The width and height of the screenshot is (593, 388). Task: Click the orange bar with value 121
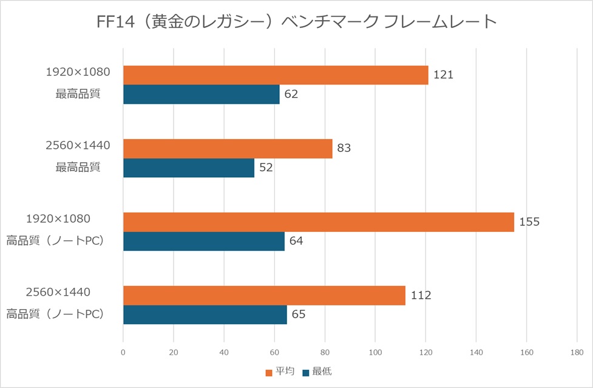pyautogui.click(x=276, y=75)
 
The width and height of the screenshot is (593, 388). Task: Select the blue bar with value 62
pyautogui.click(x=202, y=94)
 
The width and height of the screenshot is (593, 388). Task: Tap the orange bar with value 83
pyautogui.click(x=228, y=148)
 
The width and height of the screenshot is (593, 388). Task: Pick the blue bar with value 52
pyautogui.click(x=189, y=168)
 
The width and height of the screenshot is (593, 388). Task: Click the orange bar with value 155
pyautogui.click(x=319, y=222)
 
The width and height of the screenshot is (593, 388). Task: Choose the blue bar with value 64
pyautogui.click(x=204, y=241)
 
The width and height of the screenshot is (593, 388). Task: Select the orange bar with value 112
pyautogui.click(x=264, y=295)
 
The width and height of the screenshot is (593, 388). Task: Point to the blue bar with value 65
pyautogui.click(x=205, y=315)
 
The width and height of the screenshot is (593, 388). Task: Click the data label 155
pyautogui.click(x=529, y=222)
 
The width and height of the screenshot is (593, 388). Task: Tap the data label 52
pyautogui.click(x=266, y=168)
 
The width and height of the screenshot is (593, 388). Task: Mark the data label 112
pyautogui.click(x=421, y=295)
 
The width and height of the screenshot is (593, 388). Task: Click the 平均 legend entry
pyautogui.click(x=280, y=371)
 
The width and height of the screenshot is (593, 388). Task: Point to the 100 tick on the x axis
pyautogui.click(x=375, y=352)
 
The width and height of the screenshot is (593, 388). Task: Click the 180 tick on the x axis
pyautogui.click(x=577, y=352)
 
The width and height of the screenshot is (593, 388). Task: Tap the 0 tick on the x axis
pyautogui.click(x=123, y=352)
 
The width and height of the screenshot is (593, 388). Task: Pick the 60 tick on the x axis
pyautogui.click(x=274, y=352)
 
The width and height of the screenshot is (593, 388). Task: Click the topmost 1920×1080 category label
pyautogui.click(x=78, y=72)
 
